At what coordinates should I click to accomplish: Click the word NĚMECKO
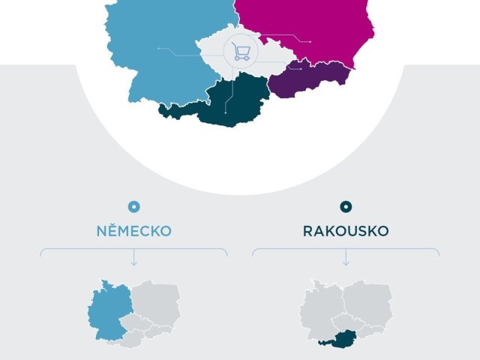[133, 231]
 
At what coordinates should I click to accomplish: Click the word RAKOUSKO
[346, 231]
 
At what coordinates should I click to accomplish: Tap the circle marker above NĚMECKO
[134, 207]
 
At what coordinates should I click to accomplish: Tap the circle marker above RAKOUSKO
[346, 207]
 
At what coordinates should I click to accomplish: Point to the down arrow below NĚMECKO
[134, 260]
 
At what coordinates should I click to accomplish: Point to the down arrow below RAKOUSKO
[346, 260]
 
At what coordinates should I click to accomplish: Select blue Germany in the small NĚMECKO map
[108, 311]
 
